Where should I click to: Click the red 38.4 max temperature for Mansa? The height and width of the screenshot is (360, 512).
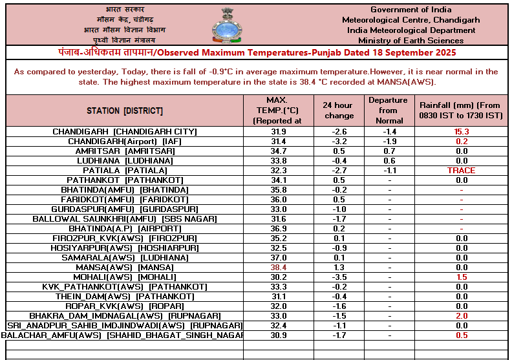(278, 268)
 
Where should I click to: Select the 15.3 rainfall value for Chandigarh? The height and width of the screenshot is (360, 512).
(462, 132)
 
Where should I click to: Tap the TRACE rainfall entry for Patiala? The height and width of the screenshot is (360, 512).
(462, 171)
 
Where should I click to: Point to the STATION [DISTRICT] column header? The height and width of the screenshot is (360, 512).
(125, 111)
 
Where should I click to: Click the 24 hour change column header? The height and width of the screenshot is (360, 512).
(339, 111)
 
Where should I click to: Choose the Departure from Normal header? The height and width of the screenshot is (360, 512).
(389, 111)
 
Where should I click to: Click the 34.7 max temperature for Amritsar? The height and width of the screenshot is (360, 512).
(278, 151)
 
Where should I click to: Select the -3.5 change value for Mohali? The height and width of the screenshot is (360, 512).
(339, 277)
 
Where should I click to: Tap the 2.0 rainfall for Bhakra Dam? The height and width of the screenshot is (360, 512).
(462, 316)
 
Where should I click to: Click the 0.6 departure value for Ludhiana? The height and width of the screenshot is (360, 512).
(389, 161)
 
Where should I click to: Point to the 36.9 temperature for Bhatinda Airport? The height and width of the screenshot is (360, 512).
(278, 229)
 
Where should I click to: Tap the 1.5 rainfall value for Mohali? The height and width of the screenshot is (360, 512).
(462, 277)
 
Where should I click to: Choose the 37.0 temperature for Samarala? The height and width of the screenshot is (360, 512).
(278, 258)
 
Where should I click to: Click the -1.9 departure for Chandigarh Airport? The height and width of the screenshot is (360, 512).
(389, 142)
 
